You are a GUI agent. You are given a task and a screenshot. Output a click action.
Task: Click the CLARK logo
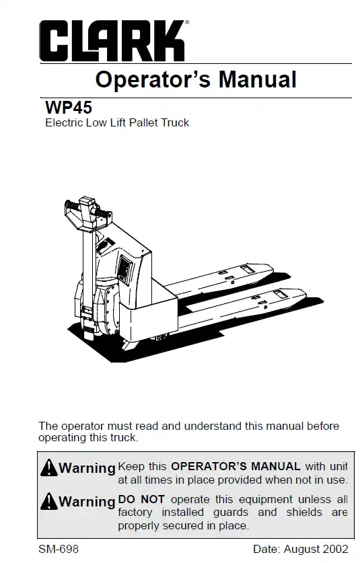pyautogui.click(x=112, y=40)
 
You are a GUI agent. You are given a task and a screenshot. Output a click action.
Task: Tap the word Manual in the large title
pyautogui.click(x=258, y=79)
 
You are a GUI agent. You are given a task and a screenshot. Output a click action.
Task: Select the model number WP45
pyautogui.click(x=69, y=108)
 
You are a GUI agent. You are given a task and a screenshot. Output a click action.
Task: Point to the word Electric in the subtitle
pyautogui.click(x=64, y=123)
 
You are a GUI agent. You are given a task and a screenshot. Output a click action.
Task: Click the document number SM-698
pyautogui.click(x=59, y=549)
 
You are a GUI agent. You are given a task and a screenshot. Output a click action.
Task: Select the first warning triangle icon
pyautogui.click(x=49, y=468)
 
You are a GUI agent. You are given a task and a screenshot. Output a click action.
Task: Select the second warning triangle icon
pyautogui.click(x=49, y=501)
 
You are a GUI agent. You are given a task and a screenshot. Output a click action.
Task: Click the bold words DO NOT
pyautogui.click(x=141, y=499)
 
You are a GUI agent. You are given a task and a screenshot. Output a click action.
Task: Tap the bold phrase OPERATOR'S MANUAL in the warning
pyautogui.click(x=236, y=466)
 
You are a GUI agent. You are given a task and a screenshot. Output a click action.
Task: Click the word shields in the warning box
pyautogui.click(x=304, y=512)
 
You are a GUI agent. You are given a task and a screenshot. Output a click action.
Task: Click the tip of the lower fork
pyautogui.click(x=306, y=295)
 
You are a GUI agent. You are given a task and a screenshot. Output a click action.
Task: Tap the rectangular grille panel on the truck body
pyautogui.click(x=125, y=268)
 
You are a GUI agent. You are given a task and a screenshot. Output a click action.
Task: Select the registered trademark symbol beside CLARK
pyautogui.click(x=187, y=22)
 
